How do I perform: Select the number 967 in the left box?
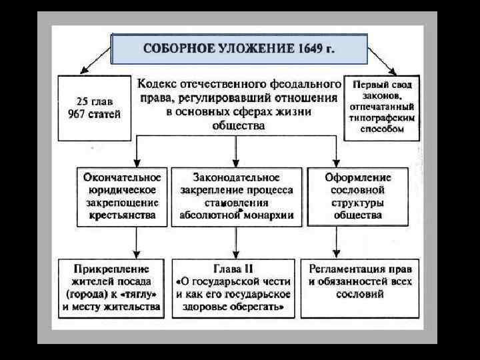pos(80,113)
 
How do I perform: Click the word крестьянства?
pos(122,215)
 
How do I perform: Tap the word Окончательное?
pos(122,178)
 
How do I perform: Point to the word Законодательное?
pos(237,178)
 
